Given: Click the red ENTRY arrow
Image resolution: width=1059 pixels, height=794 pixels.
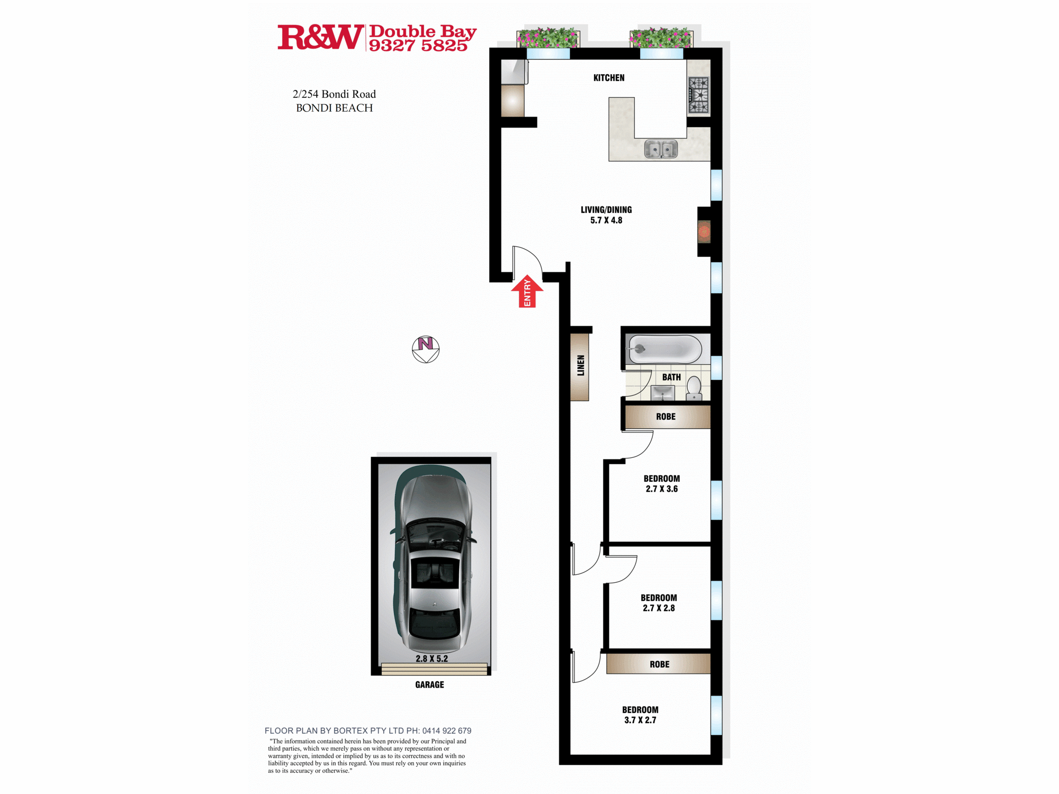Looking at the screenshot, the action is (527, 292).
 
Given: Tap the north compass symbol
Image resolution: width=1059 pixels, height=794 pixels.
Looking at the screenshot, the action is (426, 349).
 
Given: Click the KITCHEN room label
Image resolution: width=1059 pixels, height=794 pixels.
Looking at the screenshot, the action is (609, 78).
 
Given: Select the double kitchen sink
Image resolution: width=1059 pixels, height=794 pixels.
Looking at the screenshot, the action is (661, 149).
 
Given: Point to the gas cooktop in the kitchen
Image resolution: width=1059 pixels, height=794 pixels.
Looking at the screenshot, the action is (698, 95).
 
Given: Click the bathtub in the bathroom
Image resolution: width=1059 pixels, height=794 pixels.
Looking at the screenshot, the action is (665, 349).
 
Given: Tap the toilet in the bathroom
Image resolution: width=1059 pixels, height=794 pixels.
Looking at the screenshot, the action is (694, 389).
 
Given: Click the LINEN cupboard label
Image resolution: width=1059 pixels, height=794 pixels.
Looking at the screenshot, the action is (581, 365).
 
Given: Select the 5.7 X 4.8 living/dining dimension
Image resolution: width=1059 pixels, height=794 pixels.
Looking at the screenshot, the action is (606, 220).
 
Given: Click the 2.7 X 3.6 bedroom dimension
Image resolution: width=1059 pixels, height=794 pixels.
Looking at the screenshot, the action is (662, 489).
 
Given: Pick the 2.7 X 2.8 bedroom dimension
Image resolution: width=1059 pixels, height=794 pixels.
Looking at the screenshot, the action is (659, 608).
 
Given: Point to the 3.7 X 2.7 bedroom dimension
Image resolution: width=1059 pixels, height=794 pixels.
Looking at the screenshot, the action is (640, 720).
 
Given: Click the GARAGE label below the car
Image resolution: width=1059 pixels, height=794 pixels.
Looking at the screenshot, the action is (429, 684).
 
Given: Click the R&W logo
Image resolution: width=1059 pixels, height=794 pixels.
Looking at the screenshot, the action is (320, 37).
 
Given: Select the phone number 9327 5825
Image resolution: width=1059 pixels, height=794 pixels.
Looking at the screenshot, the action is (418, 46).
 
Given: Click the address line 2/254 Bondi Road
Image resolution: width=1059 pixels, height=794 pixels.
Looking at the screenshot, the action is (334, 94).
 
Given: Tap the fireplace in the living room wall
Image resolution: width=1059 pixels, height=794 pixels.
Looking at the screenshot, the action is (704, 231).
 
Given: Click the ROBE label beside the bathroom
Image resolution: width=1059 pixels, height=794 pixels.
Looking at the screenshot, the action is (666, 417).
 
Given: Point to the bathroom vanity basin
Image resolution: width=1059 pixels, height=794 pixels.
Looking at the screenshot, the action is (662, 393).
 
